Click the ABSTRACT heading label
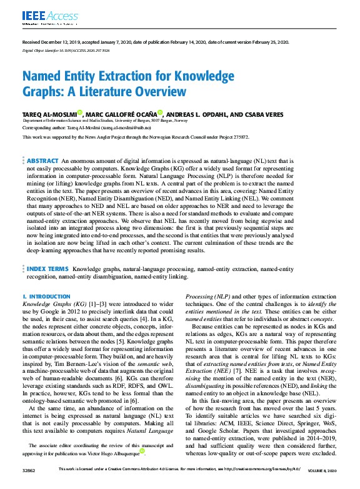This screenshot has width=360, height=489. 42,161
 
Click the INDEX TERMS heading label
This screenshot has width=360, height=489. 47,268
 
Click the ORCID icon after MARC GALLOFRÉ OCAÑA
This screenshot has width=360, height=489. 161,113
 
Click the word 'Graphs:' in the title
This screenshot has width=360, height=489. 44,92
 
